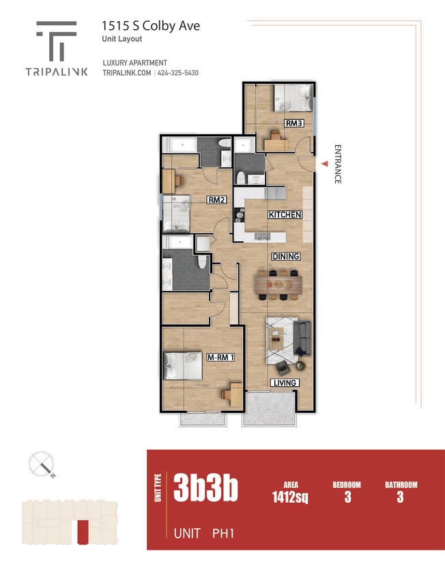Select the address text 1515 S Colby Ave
(151, 26)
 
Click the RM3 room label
(294, 123)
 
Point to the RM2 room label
(216, 200)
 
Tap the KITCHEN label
(285, 215)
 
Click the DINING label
(286, 256)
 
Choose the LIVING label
(284, 383)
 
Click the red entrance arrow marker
(325, 164)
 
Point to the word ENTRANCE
(337, 164)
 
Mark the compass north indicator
(42, 465)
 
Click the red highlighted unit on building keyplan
(83, 532)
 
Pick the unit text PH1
(222, 533)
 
